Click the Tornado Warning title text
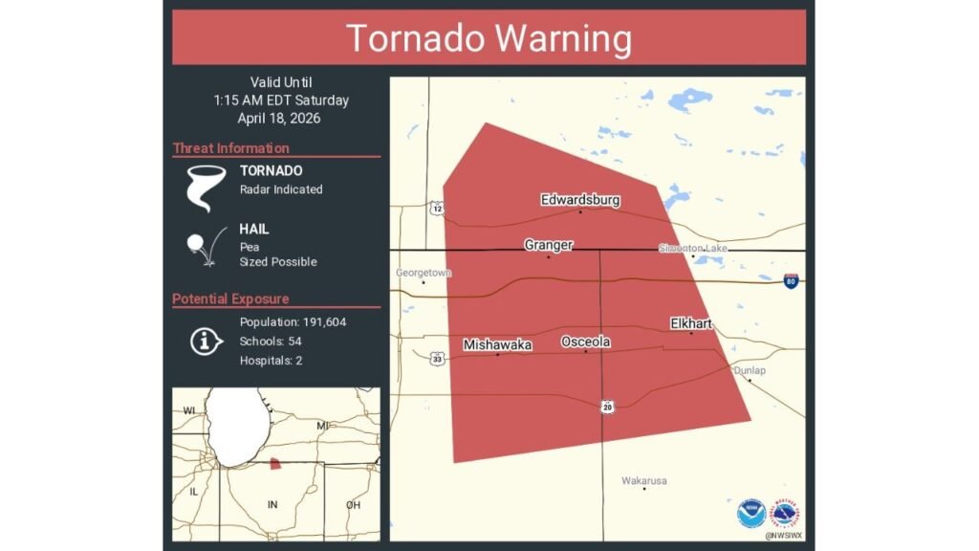click(x=489, y=38)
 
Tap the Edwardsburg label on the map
click(x=580, y=200)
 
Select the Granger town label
click(x=549, y=245)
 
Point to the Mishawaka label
click(x=497, y=344)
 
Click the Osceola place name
click(x=586, y=342)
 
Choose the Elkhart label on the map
click(x=691, y=323)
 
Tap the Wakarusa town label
click(x=643, y=480)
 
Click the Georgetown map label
click(x=423, y=273)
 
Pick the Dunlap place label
click(x=750, y=370)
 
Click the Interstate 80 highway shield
click(x=791, y=280)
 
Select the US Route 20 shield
click(x=608, y=407)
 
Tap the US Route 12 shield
click(x=437, y=208)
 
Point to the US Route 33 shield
click(x=437, y=359)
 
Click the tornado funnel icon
click(x=204, y=187)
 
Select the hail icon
click(x=202, y=246)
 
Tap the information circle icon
click(x=206, y=342)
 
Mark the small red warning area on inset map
click(x=275, y=464)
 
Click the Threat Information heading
click(x=231, y=148)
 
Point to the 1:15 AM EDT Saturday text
click(x=281, y=100)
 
